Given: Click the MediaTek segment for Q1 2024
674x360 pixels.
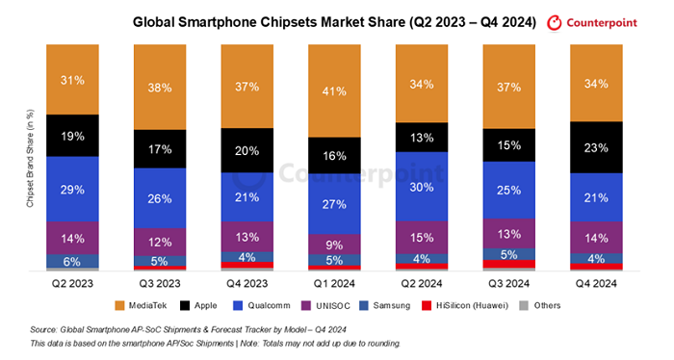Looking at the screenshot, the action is tap(334, 90).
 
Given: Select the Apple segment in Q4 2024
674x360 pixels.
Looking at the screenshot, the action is tap(596, 147).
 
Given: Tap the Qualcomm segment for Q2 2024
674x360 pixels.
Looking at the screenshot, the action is tap(422, 187).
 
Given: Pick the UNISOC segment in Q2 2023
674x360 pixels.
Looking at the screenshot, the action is tap(72, 238).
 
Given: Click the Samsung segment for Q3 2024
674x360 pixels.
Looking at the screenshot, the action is tap(509, 254).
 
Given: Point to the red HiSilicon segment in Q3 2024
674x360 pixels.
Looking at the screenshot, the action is tap(509, 264).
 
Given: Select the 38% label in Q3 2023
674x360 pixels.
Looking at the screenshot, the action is tap(160, 88).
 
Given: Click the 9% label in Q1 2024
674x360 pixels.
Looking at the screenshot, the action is tap(334, 245).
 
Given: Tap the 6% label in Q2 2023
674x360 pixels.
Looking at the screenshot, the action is tap(72, 262).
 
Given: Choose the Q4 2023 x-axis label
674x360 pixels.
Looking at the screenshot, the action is tap(247, 284).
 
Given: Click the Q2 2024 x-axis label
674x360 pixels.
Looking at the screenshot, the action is tap(422, 284).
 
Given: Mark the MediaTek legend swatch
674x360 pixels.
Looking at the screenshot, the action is tap(120, 305).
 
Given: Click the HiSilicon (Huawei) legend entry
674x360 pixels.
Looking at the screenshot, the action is tap(465, 305).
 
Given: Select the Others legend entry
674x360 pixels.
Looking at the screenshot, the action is tap(540, 305).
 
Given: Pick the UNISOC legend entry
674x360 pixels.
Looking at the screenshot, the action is tap(325, 305).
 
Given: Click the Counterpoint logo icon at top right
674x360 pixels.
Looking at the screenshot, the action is tap(554, 23).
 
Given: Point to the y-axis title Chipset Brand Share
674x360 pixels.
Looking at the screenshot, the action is tap(30, 159).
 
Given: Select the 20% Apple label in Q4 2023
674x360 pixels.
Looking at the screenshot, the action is tap(247, 151).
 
